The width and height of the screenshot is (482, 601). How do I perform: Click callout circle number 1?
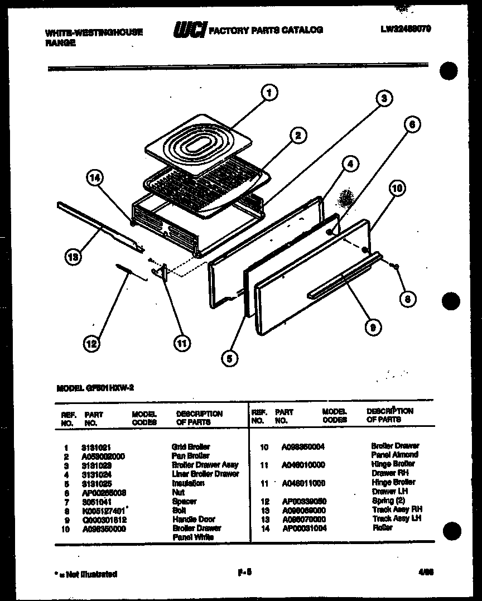(x=269, y=93)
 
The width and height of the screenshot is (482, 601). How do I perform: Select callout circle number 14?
(x=95, y=179)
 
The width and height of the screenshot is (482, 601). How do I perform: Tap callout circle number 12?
(x=91, y=344)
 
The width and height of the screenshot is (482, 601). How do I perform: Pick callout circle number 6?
(x=412, y=125)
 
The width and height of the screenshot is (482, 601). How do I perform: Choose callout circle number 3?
(x=384, y=99)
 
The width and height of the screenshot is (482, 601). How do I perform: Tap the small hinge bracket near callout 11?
(x=162, y=273)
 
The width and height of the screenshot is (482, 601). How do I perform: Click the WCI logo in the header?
(x=190, y=30)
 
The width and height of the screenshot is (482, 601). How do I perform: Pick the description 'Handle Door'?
(x=194, y=519)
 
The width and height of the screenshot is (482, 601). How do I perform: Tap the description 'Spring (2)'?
(x=388, y=501)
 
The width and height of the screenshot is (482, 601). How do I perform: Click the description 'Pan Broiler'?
(x=190, y=456)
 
